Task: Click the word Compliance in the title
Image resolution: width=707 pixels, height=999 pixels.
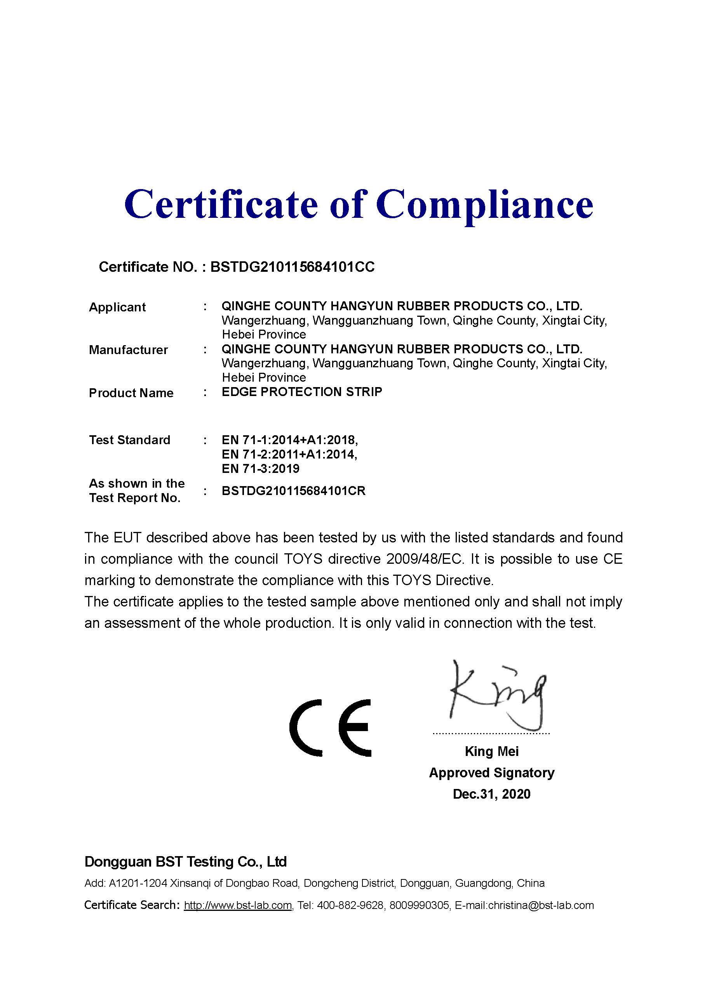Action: coord(484,205)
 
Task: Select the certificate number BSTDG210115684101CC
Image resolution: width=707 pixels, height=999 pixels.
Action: coord(292,267)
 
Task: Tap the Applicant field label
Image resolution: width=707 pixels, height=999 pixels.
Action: coord(117,307)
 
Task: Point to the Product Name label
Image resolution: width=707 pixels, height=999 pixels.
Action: coord(131,393)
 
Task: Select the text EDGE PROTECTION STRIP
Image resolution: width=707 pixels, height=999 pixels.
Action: coord(302,392)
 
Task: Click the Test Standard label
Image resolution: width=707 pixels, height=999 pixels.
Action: coord(129,440)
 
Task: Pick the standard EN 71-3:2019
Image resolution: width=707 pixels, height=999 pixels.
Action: coord(260,469)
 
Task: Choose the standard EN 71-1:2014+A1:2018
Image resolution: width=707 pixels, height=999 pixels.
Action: coord(289,440)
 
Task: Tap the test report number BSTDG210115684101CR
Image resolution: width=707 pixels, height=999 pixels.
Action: coord(293,491)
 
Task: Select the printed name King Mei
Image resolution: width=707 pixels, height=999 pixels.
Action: coord(491,751)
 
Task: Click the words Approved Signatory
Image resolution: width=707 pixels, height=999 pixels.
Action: coord(491,773)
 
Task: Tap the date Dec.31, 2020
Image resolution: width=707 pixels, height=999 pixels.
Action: coord(491,794)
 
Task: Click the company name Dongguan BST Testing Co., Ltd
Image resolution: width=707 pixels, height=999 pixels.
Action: coord(185,862)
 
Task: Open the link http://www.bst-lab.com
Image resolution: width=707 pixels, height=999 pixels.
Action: coord(238,905)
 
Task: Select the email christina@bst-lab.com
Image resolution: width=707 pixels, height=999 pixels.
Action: coord(541,905)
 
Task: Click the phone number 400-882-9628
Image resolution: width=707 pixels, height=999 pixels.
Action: coord(351,905)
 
